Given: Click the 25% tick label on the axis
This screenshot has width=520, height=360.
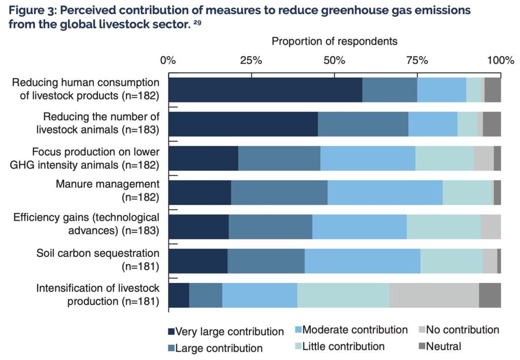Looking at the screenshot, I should [251, 60].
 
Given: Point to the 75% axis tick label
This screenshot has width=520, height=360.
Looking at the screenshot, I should [417, 60].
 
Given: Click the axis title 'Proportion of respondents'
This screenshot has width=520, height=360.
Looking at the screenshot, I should [335, 41].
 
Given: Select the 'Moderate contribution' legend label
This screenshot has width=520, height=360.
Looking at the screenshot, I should [355, 330].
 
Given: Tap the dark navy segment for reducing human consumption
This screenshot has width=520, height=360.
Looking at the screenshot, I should [265, 90].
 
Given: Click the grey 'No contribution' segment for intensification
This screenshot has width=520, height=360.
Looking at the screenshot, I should [434, 295].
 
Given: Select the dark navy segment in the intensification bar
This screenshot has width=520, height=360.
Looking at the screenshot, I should [178, 295].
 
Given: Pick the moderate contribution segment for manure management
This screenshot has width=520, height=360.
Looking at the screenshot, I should [385, 193].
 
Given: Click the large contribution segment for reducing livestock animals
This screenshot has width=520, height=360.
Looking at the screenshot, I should [363, 124].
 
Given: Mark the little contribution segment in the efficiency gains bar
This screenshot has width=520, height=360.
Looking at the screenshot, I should [444, 227].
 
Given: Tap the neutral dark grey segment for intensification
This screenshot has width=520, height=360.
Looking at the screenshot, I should [490, 295].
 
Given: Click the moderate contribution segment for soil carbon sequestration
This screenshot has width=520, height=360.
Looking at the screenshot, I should [363, 261].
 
